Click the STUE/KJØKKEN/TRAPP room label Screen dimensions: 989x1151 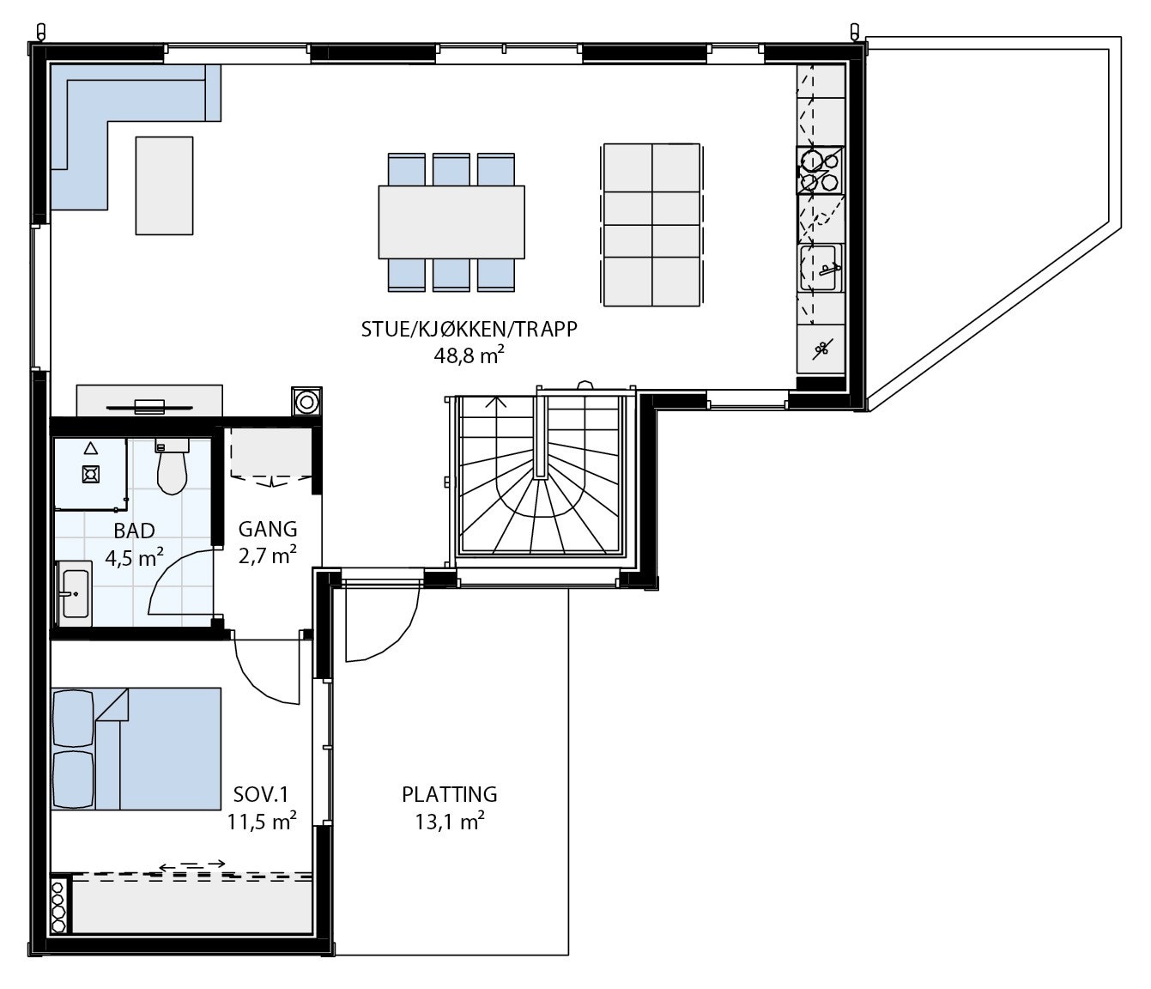point(469,330)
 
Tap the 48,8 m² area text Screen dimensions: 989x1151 point(469,355)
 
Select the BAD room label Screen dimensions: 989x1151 point(134,531)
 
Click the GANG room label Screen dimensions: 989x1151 point(268,530)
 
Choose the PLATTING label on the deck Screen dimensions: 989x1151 point(449,794)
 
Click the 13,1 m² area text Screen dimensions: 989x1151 point(449,822)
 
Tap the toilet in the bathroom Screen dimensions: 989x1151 point(172,468)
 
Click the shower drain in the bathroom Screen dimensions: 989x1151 point(90,473)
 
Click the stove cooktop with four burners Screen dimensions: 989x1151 point(820,170)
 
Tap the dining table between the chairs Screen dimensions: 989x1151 point(451,222)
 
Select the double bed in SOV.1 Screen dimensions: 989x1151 point(137,749)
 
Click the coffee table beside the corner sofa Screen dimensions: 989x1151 point(164,185)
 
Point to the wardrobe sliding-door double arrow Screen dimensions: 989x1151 point(192,864)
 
